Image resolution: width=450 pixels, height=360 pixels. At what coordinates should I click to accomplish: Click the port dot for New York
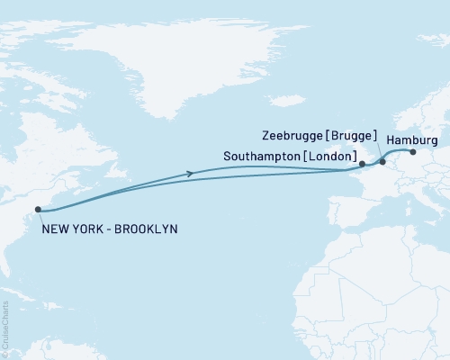click(38, 210)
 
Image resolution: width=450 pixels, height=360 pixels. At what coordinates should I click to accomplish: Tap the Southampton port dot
click(362, 165)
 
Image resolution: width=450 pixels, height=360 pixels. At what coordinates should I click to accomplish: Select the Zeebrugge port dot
click(382, 162)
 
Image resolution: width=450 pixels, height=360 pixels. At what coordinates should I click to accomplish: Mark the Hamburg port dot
click(413, 151)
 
